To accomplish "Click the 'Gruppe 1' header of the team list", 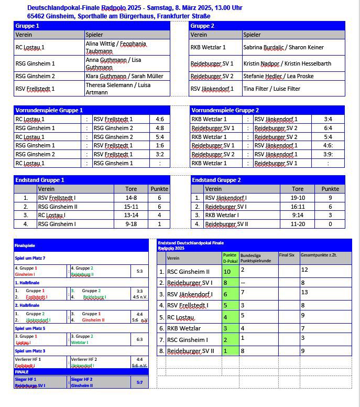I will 27,26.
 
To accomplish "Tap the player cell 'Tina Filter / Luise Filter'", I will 271,89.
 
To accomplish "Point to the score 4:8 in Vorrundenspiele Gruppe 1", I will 159,128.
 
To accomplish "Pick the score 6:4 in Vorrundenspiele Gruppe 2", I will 328,128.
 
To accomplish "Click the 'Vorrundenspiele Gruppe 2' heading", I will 225,110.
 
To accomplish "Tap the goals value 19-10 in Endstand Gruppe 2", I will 297,198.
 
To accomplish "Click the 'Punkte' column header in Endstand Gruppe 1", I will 159,189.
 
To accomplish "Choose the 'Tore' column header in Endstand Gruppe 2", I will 297,189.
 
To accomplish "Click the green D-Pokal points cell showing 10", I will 227,271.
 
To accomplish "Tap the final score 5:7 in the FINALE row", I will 140,382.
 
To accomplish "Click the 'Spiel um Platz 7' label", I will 30,258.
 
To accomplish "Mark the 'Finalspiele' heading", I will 25,245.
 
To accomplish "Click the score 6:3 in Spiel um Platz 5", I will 140,339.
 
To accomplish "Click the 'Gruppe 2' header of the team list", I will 202,26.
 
